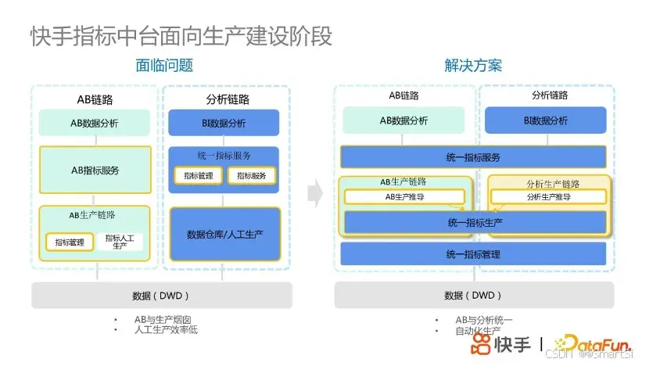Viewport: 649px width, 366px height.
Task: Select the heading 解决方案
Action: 473,66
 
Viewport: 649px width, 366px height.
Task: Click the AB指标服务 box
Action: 95,170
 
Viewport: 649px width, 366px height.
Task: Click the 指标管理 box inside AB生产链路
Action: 70,242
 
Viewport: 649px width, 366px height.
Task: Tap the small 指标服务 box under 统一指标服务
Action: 251,176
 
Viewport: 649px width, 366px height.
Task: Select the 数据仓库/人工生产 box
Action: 224,235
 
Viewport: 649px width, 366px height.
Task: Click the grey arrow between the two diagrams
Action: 314,192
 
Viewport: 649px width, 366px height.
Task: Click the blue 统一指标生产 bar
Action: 475,223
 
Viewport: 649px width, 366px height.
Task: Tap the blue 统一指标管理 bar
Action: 473,254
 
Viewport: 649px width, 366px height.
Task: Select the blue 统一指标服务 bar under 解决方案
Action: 473,157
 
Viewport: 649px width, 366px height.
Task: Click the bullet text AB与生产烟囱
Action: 163,320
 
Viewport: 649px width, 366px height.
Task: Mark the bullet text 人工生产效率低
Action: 166,330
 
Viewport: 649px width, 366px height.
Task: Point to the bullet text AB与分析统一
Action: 484,320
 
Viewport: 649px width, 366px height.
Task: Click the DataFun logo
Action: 595,343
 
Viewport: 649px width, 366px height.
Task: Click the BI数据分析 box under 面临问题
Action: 224,123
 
